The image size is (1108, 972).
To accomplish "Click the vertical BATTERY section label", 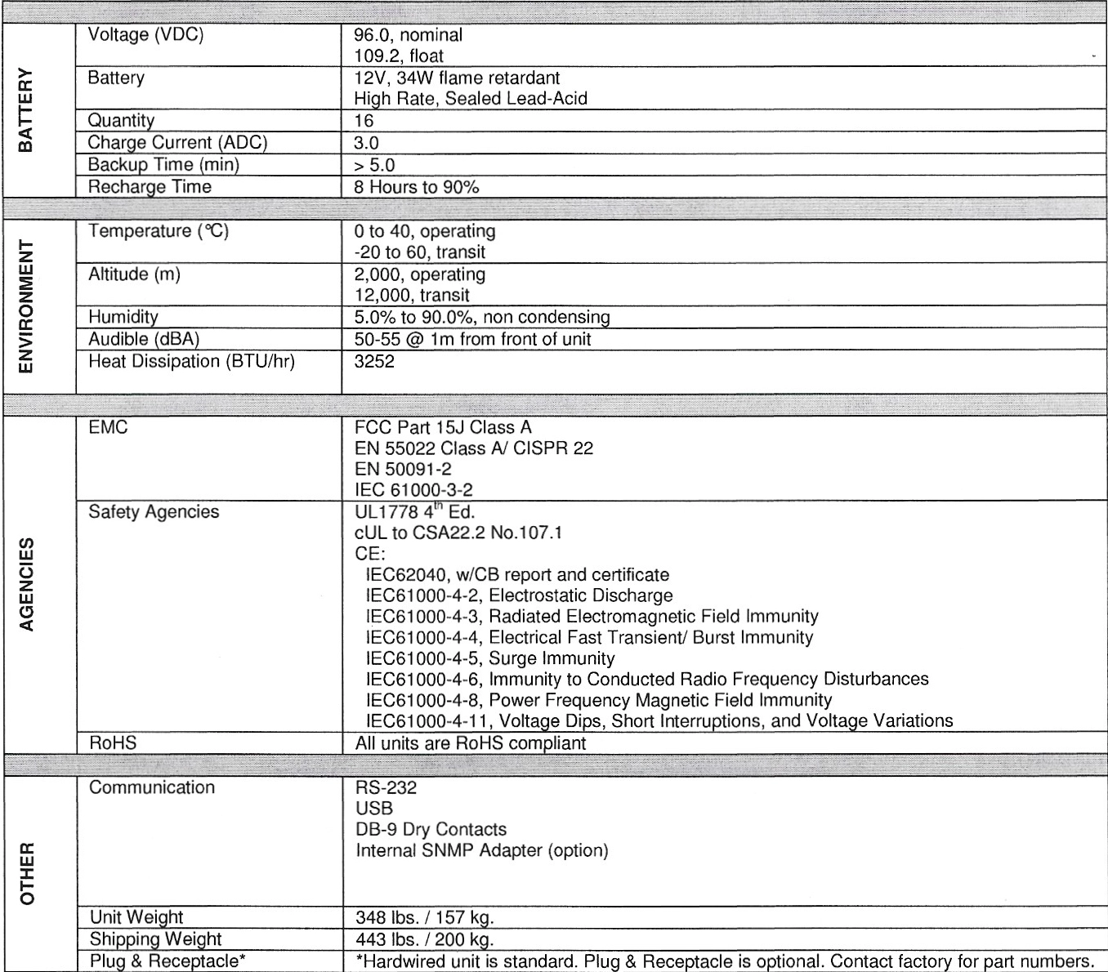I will click(x=26, y=109).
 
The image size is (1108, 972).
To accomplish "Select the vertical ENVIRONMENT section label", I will click(x=26, y=306).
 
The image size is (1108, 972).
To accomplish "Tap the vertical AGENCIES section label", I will click(x=26, y=584).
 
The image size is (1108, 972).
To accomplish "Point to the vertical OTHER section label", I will click(x=28, y=872).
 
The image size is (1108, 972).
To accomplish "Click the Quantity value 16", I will click(x=364, y=121).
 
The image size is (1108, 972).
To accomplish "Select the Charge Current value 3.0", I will click(x=366, y=143).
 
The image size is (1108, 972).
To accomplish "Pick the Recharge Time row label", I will click(x=150, y=187).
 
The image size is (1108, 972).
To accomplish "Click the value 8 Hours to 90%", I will click(x=416, y=187).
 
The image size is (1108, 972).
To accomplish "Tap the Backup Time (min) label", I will click(x=163, y=165).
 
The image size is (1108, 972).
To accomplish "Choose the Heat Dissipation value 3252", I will click(x=374, y=361).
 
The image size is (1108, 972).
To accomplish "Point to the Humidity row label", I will click(x=123, y=317).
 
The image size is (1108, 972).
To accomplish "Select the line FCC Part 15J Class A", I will click(x=443, y=427).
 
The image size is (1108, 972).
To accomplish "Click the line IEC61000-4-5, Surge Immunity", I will click(x=489, y=658).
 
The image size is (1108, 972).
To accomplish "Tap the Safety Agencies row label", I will click(x=154, y=512).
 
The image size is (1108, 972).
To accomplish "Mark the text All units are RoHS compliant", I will click(x=471, y=743).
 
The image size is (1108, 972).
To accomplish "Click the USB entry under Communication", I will click(x=374, y=809).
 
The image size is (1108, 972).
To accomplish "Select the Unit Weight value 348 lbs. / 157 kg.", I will click(x=425, y=917).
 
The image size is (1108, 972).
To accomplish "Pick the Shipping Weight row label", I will click(x=155, y=939).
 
